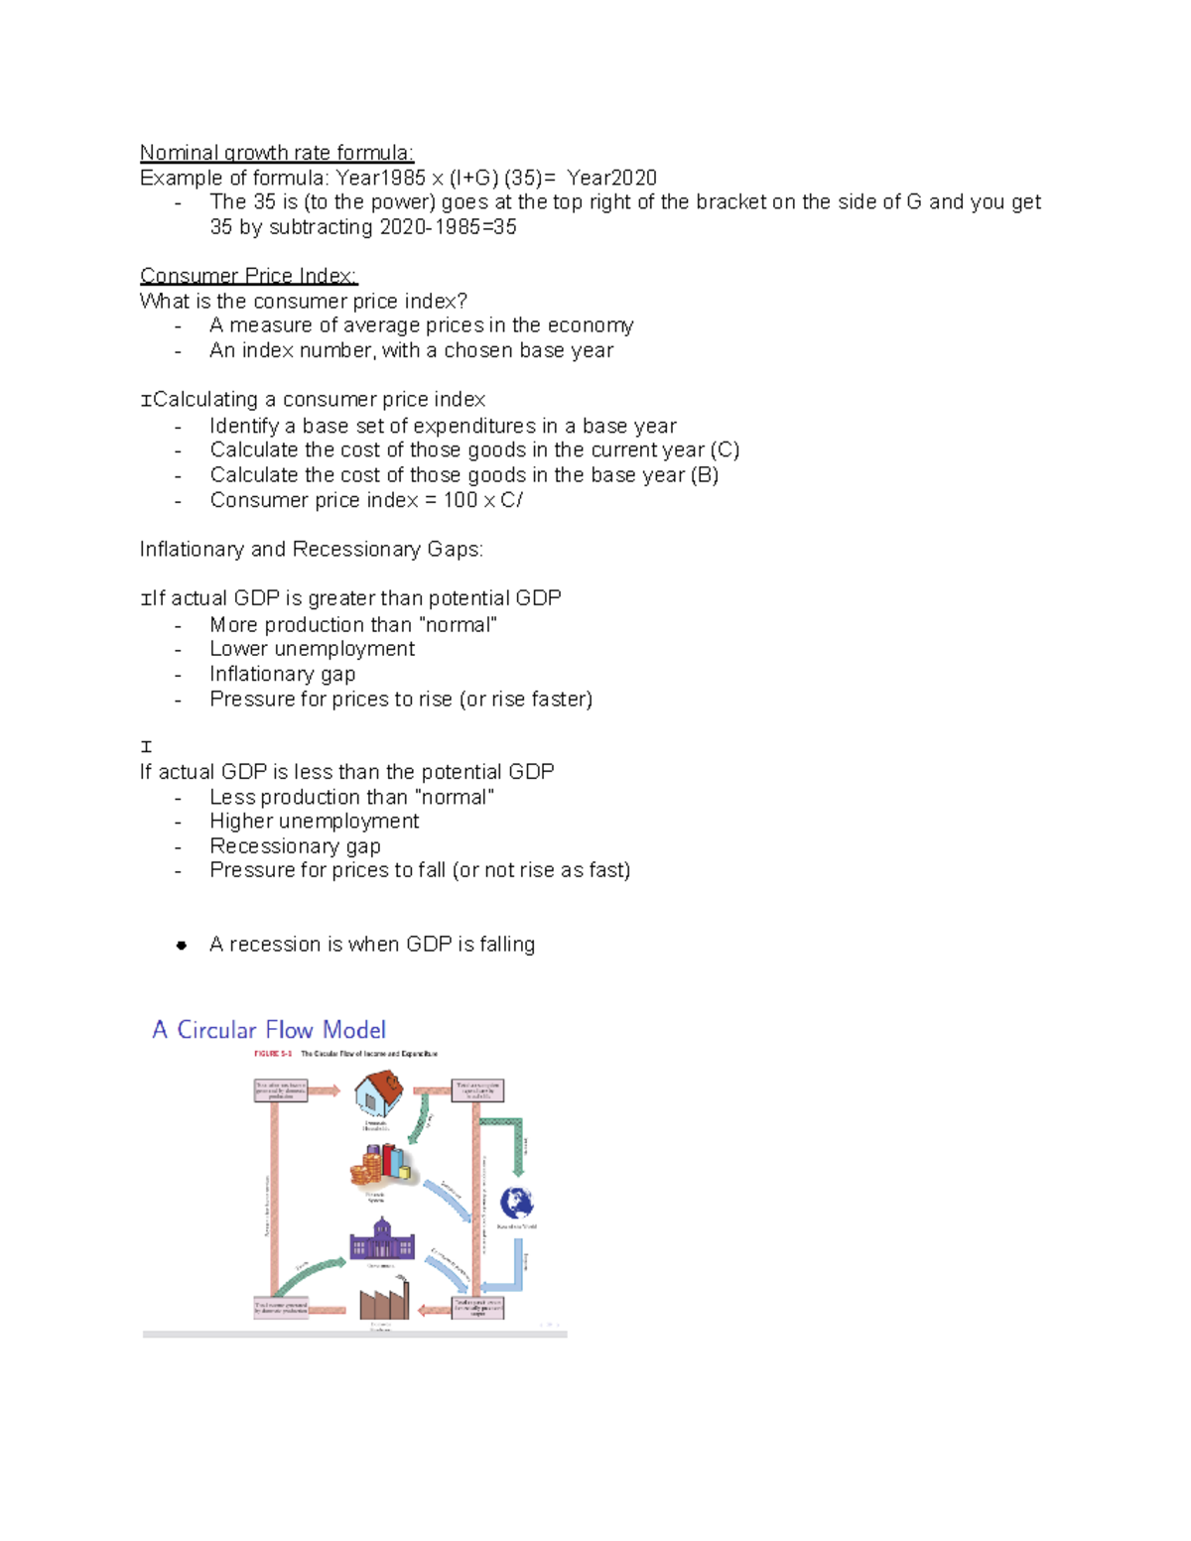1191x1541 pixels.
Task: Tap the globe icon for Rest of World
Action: click(x=516, y=1203)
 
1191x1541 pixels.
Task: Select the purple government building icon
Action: click(x=381, y=1240)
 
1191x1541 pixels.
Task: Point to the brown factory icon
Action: click(x=383, y=1299)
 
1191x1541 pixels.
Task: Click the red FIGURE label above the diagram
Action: click(x=273, y=1054)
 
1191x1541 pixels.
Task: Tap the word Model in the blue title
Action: click(x=354, y=1030)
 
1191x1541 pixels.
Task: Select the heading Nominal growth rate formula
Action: click(x=276, y=153)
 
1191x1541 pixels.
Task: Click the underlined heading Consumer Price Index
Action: click(x=248, y=276)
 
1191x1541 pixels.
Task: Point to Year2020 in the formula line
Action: click(x=611, y=178)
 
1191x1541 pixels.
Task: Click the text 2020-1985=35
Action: click(x=448, y=227)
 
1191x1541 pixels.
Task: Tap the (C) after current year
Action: click(x=725, y=449)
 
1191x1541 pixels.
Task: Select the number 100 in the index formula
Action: click(x=461, y=500)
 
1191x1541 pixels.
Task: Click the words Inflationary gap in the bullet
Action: click(x=282, y=674)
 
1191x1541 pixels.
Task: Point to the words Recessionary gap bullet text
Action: click(x=295, y=846)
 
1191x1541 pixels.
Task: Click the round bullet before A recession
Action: click(x=182, y=946)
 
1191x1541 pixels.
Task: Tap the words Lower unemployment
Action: click(x=312, y=649)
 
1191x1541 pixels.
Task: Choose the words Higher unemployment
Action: click(x=314, y=822)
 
